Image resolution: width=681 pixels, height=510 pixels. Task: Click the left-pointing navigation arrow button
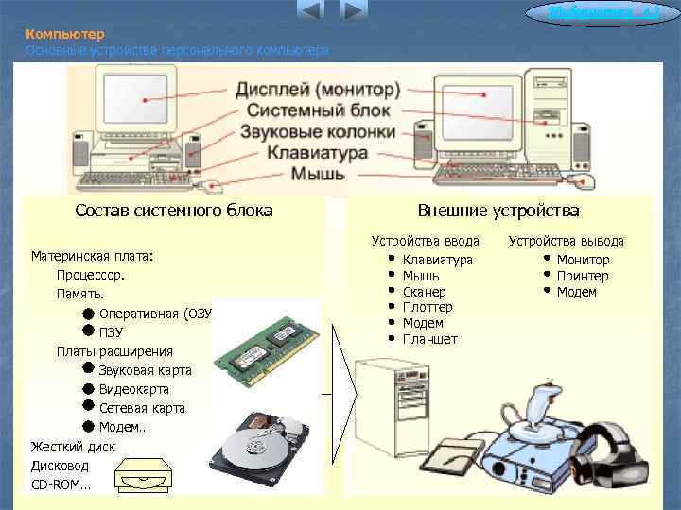point(311,11)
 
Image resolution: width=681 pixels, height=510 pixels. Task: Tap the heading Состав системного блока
point(174,211)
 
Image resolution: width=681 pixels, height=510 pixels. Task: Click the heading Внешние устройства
point(498,211)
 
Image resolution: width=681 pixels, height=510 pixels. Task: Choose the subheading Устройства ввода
point(426,241)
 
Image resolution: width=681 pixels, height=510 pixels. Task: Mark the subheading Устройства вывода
point(567,241)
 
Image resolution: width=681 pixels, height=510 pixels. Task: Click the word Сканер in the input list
point(424,292)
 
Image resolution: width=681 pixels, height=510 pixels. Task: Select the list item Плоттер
point(428,307)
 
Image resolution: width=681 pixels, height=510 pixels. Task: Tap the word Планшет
point(429,339)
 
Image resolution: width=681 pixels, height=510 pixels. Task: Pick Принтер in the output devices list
point(583,276)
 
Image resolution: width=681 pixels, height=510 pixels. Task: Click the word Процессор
point(90,275)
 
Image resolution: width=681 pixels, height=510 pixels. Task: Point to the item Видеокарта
point(134,389)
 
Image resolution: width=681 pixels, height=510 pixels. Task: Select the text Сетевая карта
point(142,408)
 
